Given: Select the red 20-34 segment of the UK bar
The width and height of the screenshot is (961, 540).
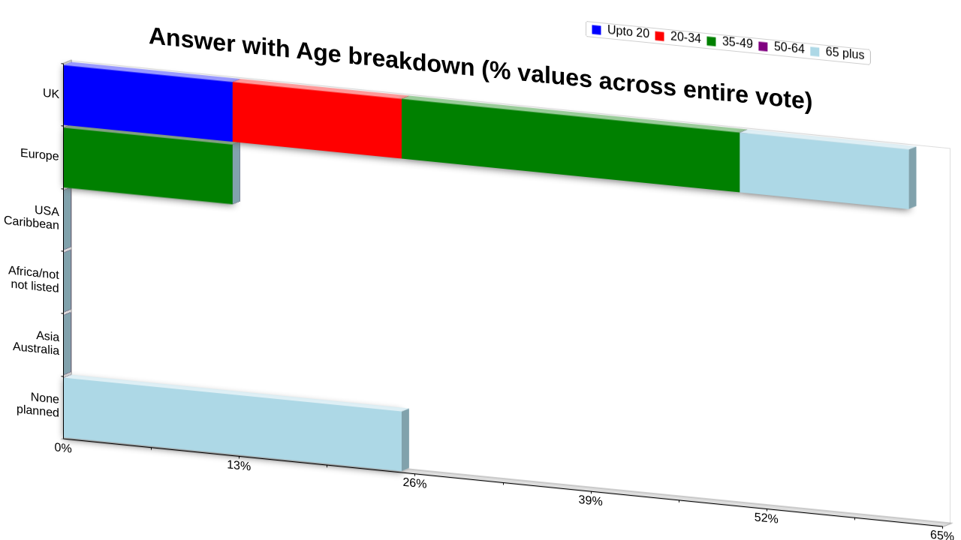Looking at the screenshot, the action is point(317,120).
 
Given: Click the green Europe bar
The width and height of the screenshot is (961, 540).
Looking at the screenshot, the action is point(148,166).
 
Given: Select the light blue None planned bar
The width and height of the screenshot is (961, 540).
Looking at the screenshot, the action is point(233,424).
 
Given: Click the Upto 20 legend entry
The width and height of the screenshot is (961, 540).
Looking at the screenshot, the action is point(620,31).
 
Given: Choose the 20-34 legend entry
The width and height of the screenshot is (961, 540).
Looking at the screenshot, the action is point(678,37).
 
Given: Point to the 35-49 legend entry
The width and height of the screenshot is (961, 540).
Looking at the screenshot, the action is point(730,42).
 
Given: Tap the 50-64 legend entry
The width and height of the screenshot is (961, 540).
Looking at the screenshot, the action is point(782,47).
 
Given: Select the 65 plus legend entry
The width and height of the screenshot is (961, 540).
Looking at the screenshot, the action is point(837,52).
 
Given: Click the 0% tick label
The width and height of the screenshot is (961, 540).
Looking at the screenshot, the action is point(63,448).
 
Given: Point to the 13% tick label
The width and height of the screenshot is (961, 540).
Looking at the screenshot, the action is point(239,466).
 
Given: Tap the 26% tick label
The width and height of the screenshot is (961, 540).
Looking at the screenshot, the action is point(414,483).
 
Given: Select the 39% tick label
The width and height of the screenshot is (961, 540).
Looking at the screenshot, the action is point(590,500).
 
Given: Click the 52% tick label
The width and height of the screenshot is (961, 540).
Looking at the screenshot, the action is point(767,518).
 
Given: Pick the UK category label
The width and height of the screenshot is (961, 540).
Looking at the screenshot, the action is point(51,93).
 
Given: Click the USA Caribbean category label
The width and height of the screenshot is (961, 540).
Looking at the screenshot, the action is point(32,217).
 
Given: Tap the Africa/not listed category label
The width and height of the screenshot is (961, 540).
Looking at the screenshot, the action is point(34,279).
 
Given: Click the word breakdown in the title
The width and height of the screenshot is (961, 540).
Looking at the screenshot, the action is point(411,61).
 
